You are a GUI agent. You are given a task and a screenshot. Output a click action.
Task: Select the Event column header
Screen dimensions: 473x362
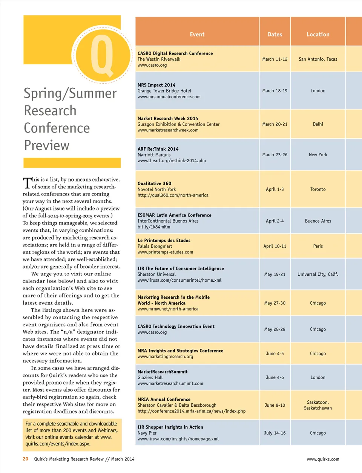coord(197,34)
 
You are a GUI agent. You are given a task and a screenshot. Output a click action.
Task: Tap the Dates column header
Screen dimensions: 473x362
coord(275,34)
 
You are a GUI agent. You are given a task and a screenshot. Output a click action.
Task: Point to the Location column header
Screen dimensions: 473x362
coord(318,34)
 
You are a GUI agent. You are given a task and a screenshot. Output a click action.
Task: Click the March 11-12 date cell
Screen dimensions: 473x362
coord(275,59)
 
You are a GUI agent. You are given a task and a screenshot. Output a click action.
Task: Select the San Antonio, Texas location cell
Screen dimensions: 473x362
coord(318,59)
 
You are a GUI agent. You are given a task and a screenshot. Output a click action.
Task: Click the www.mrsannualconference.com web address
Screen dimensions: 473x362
coord(169,97)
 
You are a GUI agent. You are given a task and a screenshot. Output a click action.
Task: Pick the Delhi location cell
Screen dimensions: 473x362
coord(318,124)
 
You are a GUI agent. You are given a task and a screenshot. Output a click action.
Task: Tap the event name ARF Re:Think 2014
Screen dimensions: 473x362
coord(158,149)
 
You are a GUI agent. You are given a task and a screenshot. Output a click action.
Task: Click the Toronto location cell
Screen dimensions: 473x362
coord(318,189)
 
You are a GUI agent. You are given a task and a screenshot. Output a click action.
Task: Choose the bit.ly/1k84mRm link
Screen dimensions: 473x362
coord(154,227)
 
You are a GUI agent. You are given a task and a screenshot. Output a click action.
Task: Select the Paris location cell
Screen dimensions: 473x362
coord(318,246)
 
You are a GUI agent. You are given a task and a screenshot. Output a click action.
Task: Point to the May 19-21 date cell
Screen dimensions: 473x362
coord(275,274)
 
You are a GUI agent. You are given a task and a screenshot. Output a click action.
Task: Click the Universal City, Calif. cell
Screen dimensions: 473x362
coord(318,274)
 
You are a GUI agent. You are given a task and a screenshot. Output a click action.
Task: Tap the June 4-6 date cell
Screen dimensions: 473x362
coord(275,377)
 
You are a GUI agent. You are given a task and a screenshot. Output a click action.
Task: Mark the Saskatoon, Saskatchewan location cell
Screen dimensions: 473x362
coord(318,405)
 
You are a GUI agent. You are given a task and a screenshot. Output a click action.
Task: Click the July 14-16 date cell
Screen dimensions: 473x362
coord(275,433)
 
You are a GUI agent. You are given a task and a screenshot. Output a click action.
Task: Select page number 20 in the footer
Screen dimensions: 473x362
coord(26,459)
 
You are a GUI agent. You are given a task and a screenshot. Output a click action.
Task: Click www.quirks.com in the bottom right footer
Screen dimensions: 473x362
coord(323,459)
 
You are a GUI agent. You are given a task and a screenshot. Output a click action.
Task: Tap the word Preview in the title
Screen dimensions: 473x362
coord(47,145)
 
